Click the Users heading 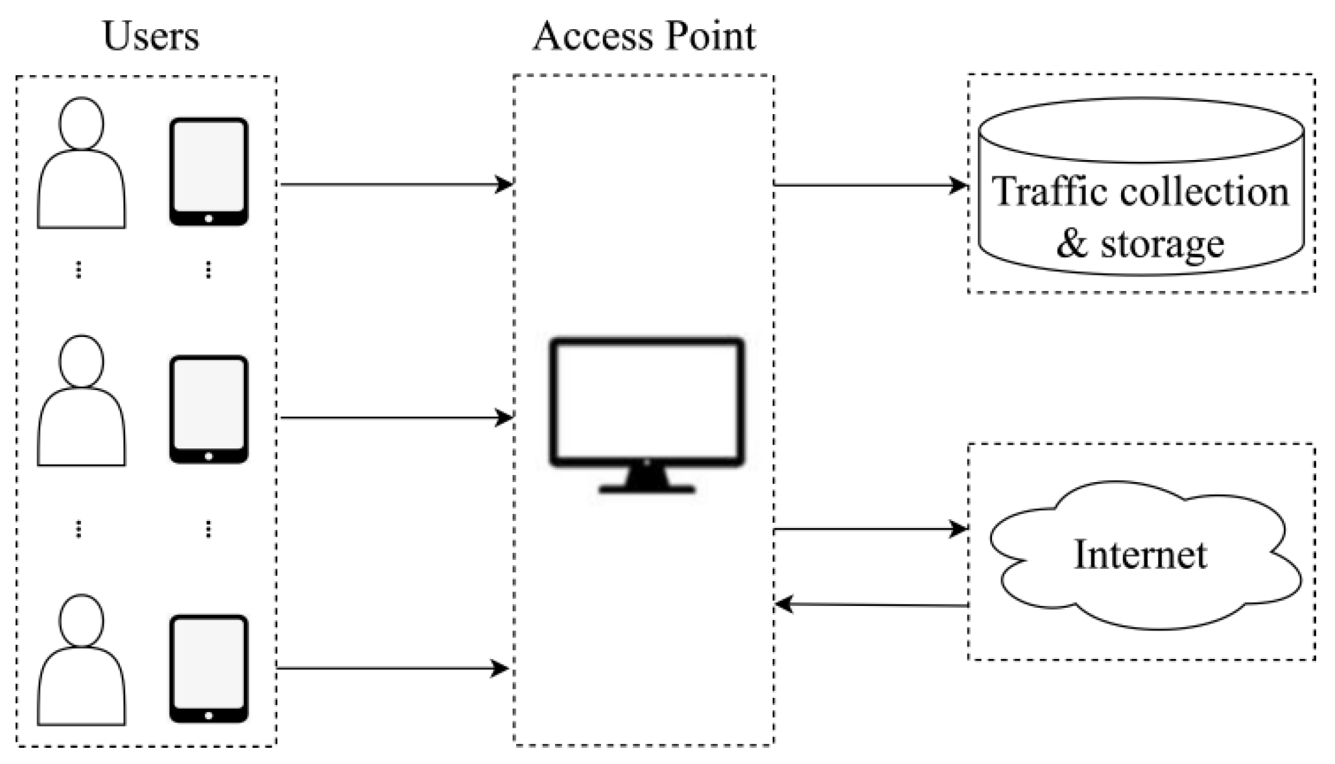[x=150, y=36]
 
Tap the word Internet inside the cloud [x=1140, y=555]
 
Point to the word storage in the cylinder [x=1162, y=244]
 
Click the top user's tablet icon [x=209, y=171]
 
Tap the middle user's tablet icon [x=209, y=409]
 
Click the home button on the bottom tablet [x=209, y=715]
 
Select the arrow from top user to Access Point [x=396, y=185]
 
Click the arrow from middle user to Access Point [x=396, y=418]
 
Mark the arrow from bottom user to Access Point [x=392, y=668]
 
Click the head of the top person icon [x=81, y=123]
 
